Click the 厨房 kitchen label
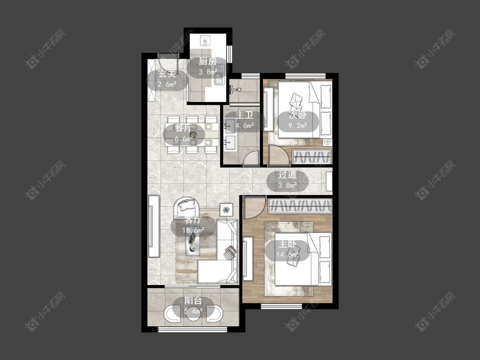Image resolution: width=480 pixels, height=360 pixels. click(208, 61)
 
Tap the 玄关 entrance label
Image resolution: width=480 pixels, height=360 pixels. click(167, 74)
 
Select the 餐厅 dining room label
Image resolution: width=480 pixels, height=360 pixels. click(183, 128)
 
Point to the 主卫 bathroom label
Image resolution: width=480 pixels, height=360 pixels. click(244, 115)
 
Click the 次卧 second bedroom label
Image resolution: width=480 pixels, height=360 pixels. click(298, 115)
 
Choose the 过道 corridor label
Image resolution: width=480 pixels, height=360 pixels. click(287, 175)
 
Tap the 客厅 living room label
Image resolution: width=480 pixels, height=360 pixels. click(193, 220)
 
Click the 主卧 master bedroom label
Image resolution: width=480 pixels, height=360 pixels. click(287, 244)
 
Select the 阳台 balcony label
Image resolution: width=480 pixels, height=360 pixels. click(193, 301)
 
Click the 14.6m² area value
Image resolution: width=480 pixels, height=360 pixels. click(288, 254)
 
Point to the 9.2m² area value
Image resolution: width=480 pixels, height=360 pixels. click(298, 125)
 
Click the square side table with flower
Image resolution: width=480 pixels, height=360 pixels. click(226, 210)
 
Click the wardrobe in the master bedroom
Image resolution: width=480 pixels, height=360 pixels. click(300, 206)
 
